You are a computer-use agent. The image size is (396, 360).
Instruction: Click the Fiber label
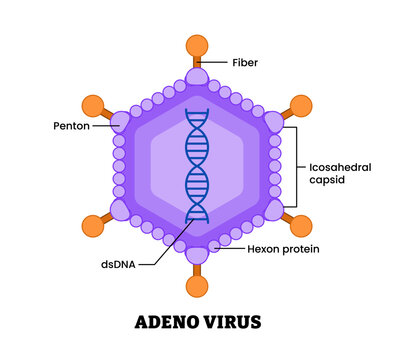click(x=245, y=63)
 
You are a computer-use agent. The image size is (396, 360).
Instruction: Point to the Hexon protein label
click(x=283, y=248)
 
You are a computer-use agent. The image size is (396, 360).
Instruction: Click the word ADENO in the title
click(x=167, y=322)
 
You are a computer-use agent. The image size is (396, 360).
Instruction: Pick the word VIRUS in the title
click(x=233, y=322)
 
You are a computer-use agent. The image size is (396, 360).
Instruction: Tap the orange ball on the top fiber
click(x=197, y=46)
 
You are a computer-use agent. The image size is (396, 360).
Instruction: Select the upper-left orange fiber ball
click(x=93, y=105)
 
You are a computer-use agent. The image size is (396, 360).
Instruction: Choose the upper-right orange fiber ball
click(x=301, y=105)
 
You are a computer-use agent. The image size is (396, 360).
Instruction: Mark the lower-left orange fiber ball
click(x=93, y=226)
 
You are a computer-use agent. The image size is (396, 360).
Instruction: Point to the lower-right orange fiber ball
click(x=301, y=226)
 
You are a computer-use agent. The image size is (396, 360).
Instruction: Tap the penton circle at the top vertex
click(x=197, y=78)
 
